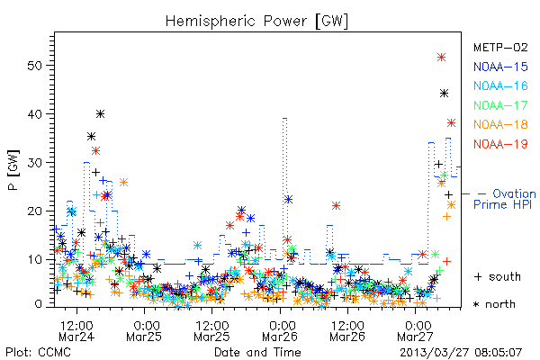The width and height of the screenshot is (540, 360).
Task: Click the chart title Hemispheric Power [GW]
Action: point(256,22)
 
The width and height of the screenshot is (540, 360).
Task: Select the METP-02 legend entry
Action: point(500,47)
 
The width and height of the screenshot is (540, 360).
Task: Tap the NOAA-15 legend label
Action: point(500,67)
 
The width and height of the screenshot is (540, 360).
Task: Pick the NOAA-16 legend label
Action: point(500,85)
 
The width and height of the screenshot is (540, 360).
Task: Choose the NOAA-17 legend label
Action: point(500,105)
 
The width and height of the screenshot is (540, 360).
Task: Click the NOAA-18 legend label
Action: point(500,124)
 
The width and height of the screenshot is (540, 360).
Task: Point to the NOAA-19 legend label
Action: point(500,144)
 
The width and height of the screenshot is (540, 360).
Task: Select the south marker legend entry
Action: point(498,276)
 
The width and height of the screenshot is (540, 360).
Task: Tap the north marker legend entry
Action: point(494,304)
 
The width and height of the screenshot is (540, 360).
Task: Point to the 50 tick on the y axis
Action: point(35,66)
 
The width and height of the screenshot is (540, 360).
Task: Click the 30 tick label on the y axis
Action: point(35,163)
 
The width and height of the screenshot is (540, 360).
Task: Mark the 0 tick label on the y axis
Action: point(38,304)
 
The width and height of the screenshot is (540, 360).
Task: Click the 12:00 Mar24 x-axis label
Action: point(76,331)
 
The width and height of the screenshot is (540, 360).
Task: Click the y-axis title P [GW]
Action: point(13,170)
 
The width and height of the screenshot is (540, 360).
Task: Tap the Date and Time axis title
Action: point(257,353)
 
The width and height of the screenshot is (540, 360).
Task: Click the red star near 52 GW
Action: point(441,58)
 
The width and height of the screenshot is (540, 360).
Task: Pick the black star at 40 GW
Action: point(100,113)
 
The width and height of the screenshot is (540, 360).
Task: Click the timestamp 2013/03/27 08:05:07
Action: point(461,353)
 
